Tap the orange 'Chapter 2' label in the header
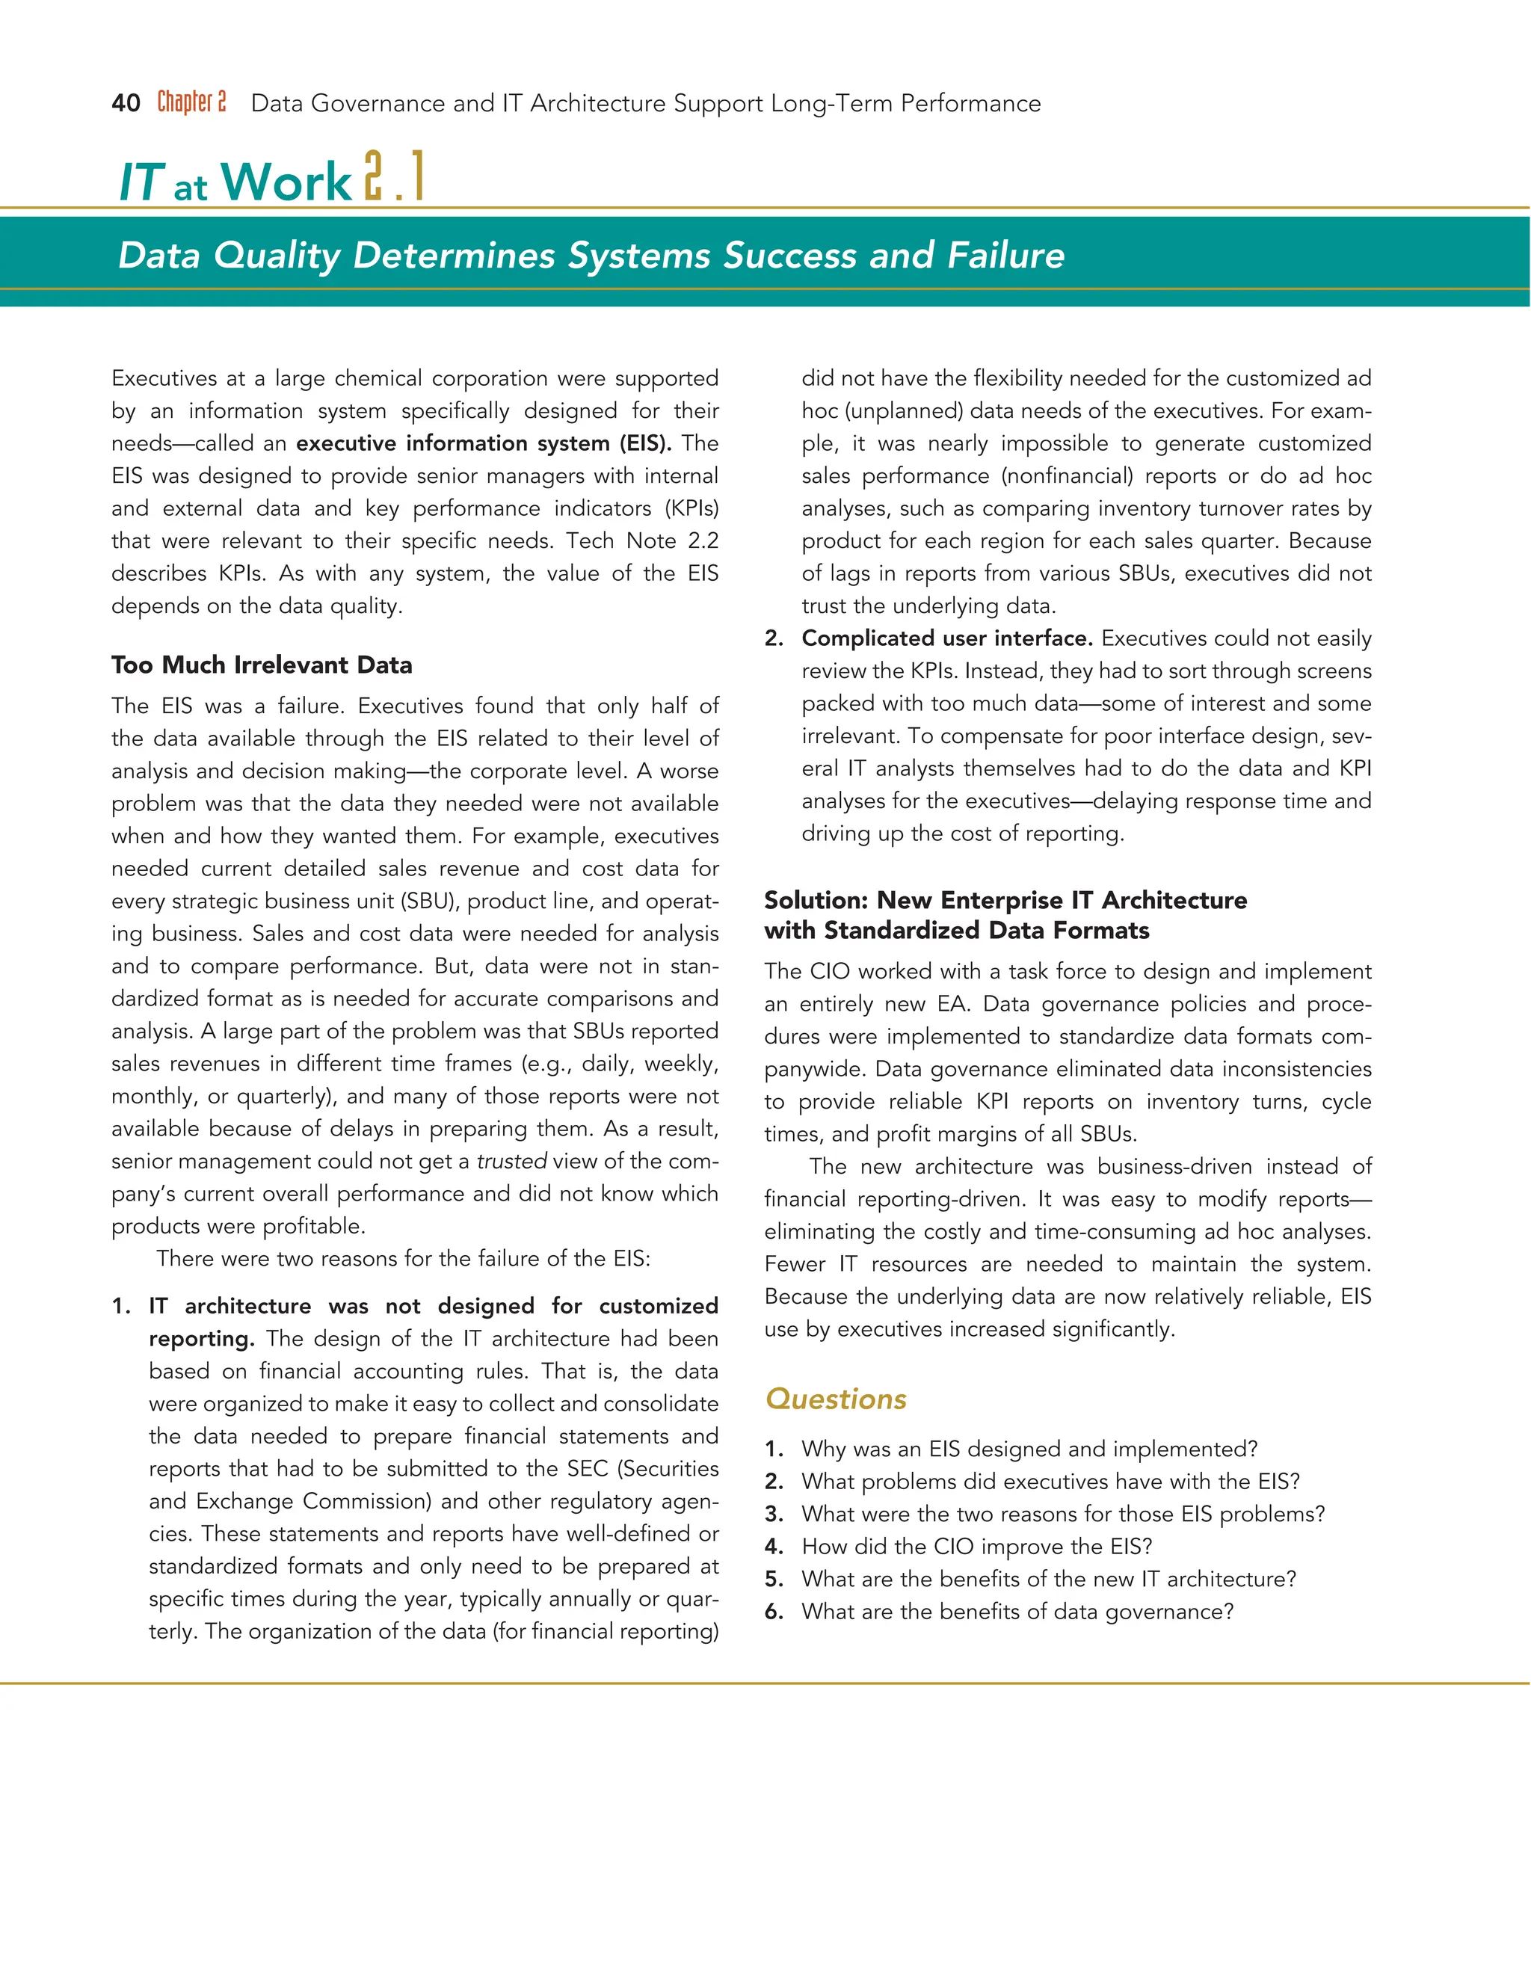point(191,102)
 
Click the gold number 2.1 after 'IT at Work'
point(394,178)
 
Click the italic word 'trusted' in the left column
point(511,1161)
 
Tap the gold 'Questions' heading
point(835,1399)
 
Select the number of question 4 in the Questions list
point(773,1547)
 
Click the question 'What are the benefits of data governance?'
point(1017,1612)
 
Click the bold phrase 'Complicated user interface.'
point(946,638)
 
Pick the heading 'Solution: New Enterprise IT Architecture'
point(1005,900)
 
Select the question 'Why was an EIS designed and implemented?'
point(1029,1449)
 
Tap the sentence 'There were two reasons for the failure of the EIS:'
point(404,1259)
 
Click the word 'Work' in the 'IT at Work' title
point(286,182)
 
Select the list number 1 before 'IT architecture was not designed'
point(120,1306)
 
